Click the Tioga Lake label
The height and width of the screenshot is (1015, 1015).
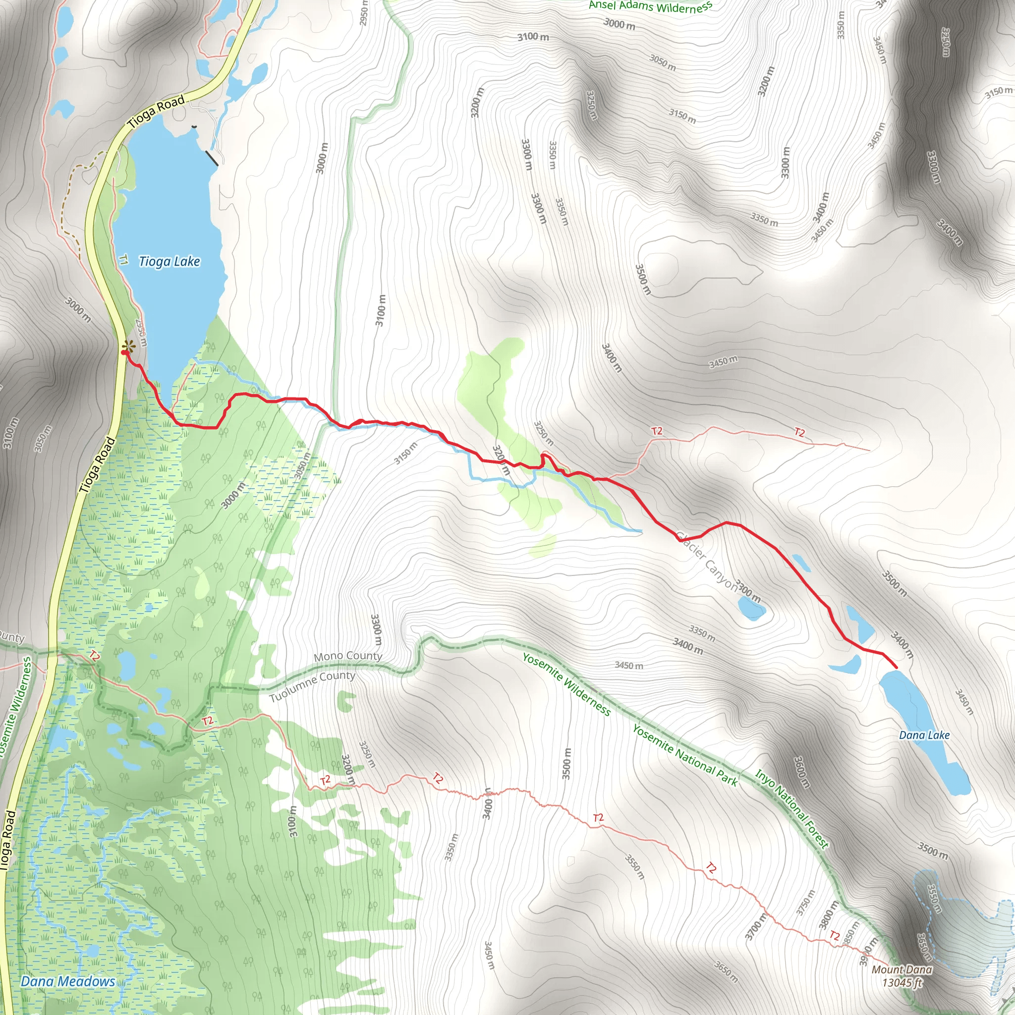pos(169,261)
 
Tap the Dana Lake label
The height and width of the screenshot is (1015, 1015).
pos(924,735)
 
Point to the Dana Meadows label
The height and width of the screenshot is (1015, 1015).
pos(68,981)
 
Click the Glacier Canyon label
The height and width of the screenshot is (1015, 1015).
pos(707,562)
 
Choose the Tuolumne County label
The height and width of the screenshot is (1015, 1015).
pos(312,686)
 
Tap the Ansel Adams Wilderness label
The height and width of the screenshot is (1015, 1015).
pos(650,6)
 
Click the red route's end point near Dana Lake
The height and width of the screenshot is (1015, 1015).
pos(896,668)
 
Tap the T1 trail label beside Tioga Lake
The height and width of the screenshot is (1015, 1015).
pos(123,260)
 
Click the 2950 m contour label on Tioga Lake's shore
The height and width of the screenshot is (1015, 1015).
pos(141,332)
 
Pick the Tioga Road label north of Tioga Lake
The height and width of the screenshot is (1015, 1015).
pos(156,111)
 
